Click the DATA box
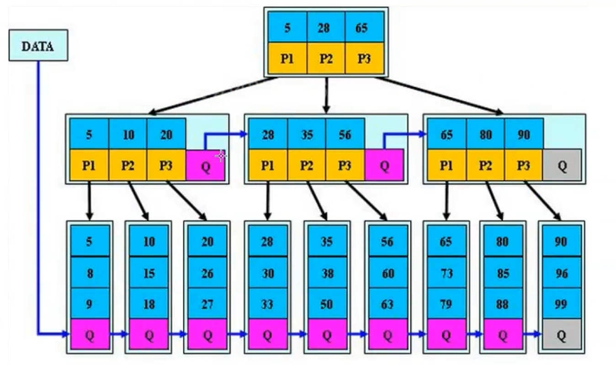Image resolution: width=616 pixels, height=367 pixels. pos(38,45)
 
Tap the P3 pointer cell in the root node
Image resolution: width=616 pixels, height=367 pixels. pos(364,58)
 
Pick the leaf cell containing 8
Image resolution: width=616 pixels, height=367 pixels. pos(90,273)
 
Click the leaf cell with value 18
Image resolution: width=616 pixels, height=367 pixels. pos(149,304)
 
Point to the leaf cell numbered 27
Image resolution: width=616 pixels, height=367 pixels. pos(207,304)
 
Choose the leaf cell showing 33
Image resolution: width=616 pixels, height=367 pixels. pos(267,304)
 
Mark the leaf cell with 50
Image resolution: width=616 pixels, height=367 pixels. pos(327,304)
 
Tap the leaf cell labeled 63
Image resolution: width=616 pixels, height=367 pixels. pos(387,304)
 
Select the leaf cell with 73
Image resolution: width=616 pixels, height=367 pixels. pos(446,273)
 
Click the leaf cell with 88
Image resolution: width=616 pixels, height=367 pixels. pos(502,304)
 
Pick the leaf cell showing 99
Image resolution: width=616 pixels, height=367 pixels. pos(561,304)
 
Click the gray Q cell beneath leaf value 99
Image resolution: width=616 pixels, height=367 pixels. pos(561,335)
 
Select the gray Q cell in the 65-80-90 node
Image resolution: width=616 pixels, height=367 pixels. pos(562,165)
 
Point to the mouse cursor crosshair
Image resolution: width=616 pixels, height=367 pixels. pos(221,156)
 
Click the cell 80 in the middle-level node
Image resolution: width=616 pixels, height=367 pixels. pos(485,134)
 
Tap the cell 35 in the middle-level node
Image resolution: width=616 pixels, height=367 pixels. pos(307,134)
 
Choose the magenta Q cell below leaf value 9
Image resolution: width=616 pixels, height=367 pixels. pos(90,335)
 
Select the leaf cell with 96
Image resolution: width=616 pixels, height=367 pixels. pos(561,273)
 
